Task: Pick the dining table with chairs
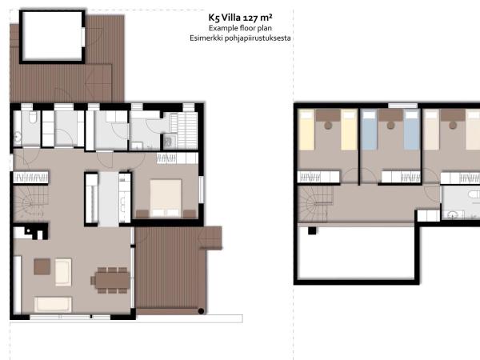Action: coord(110,279)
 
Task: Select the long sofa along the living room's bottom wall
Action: coord(53,305)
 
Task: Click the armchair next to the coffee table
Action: coord(62,272)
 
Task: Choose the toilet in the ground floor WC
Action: coord(30,119)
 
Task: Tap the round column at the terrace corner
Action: coord(202,310)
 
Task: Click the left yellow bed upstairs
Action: coord(307,130)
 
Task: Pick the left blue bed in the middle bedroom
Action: coord(369,130)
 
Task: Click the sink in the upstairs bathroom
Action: coord(454,214)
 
